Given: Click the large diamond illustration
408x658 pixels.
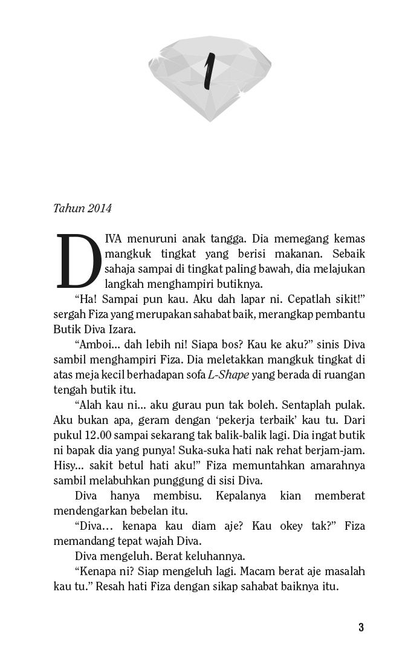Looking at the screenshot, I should click(x=210, y=76).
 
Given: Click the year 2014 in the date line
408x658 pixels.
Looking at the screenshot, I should click(x=100, y=209).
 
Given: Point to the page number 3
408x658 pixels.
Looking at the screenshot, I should click(x=361, y=627).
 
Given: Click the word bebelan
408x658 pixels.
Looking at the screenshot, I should click(x=150, y=510).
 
